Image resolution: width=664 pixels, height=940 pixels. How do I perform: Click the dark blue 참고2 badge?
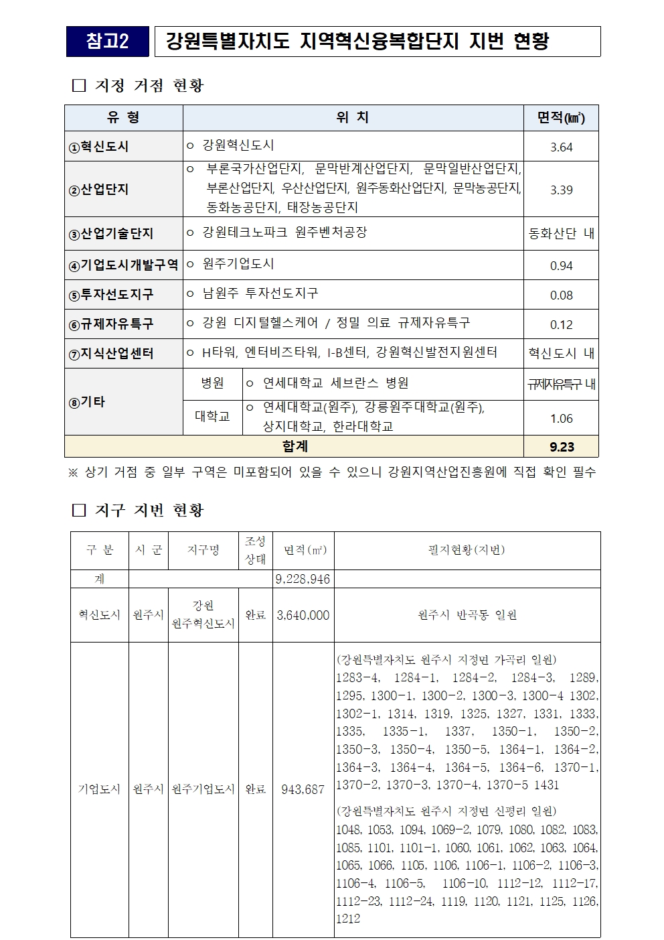click(x=107, y=42)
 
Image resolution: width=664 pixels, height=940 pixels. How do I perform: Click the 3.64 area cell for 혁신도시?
click(x=561, y=147)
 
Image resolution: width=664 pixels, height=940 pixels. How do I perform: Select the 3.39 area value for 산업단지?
click(x=561, y=190)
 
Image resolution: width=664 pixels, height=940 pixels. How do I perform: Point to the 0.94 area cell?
click(x=561, y=266)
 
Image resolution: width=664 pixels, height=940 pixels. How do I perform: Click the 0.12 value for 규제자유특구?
click(x=561, y=325)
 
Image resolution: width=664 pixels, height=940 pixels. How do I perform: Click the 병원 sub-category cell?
click(x=212, y=383)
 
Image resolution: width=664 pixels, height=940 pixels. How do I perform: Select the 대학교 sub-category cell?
click(x=212, y=417)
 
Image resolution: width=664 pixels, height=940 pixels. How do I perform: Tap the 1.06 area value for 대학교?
click(x=561, y=419)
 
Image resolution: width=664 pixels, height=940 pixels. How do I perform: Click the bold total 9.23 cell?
click(x=561, y=447)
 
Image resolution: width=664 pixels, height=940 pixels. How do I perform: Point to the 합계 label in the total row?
click(x=295, y=446)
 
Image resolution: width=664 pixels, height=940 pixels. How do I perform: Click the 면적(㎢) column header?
click(x=561, y=118)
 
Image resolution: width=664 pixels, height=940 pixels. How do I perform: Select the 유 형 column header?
click(x=123, y=118)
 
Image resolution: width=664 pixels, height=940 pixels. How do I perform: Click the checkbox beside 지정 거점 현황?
click(x=79, y=86)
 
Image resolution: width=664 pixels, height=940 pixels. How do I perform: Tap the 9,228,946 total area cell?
click(x=303, y=579)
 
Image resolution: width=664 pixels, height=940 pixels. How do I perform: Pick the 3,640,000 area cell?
click(x=303, y=615)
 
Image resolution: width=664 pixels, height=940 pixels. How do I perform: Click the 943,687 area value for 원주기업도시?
click(x=303, y=789)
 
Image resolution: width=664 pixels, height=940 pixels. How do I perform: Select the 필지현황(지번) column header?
click(x=467, y=550)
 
